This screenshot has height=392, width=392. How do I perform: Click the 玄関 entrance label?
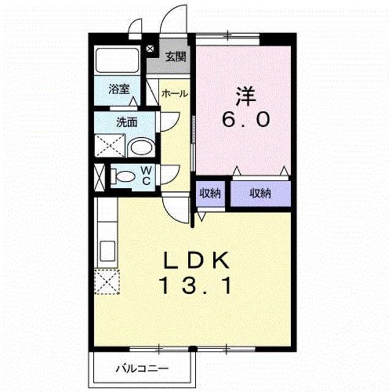176,57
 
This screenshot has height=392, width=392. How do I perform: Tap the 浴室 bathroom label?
119,89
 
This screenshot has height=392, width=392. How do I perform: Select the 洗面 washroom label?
127,123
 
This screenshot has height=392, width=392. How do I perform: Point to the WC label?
146,176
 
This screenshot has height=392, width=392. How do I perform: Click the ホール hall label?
175,94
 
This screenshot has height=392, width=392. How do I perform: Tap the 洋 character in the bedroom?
246,96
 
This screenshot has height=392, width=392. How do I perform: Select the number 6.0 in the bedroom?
246,119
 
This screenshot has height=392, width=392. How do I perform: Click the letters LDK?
196,260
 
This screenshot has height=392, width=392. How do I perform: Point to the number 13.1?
196,286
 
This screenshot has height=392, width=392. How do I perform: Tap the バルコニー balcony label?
142,369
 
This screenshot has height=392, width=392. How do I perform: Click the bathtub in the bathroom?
117,60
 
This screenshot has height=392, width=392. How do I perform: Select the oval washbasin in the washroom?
141,148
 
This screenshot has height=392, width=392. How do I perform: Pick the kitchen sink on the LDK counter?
108,251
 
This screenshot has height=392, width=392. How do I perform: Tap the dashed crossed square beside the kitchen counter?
107,282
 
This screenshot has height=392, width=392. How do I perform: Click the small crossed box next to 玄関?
149,49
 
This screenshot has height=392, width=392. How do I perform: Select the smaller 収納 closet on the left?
210,194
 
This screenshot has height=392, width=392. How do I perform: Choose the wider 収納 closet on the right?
260,194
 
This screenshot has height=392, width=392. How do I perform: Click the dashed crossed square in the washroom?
110,146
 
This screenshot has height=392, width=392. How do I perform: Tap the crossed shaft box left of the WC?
99,177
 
